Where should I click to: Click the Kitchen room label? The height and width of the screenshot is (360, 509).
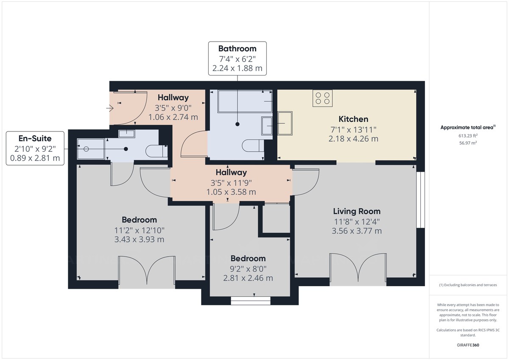pos(353,119)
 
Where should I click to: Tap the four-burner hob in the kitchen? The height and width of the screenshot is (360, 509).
pos(322,98)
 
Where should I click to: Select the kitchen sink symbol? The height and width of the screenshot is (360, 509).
pos(285,123)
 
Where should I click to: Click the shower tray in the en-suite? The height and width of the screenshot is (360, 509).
pos(90,149)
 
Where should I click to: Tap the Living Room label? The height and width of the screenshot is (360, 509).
pos(356,211)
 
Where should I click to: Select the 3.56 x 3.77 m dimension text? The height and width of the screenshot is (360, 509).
pos(356,231)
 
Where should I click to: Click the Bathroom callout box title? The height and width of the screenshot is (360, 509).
pos(237,49)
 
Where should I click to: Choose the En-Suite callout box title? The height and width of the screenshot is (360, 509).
pos(35,139)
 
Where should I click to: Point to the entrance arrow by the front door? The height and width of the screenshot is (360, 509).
pos(109,109)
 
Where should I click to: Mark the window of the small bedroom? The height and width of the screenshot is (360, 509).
pos(250,301)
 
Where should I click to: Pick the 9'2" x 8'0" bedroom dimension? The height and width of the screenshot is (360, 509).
pos(248,268)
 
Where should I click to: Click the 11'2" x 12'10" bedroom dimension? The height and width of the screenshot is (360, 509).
pos(139,230)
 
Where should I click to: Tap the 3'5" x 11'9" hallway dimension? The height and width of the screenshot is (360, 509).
pos(231,182)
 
